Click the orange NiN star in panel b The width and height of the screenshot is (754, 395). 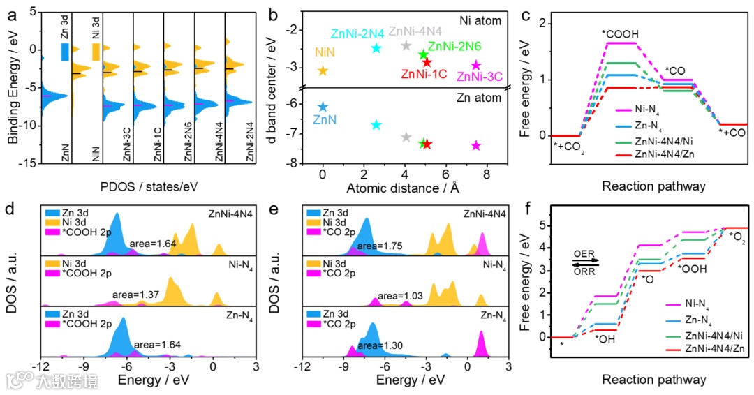tap(323, 70)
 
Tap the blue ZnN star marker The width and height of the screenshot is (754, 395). tap(323, 107)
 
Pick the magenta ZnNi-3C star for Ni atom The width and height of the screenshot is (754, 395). tap(475, 65)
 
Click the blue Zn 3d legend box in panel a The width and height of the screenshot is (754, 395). tap(65, 52)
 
